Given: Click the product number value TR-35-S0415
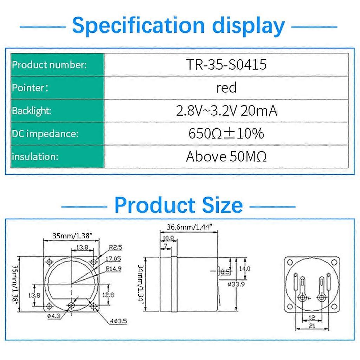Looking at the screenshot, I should (x=226, y=65).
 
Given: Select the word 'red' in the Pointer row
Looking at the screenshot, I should (x=226, y=88).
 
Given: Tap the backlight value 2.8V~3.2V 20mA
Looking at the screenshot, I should (x=226, y=111).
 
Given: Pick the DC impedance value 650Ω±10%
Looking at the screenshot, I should (x=226, y=134).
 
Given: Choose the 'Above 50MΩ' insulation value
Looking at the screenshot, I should (x=226, y=156).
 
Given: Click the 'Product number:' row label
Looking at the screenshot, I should (x=49, y=65).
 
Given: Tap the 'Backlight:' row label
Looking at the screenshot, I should (x=32, y=111).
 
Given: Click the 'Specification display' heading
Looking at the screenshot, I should (x=179, y=26).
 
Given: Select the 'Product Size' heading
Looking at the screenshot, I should (x=179, y=205).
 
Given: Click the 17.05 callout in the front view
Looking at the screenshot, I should (x=114, y=259).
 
